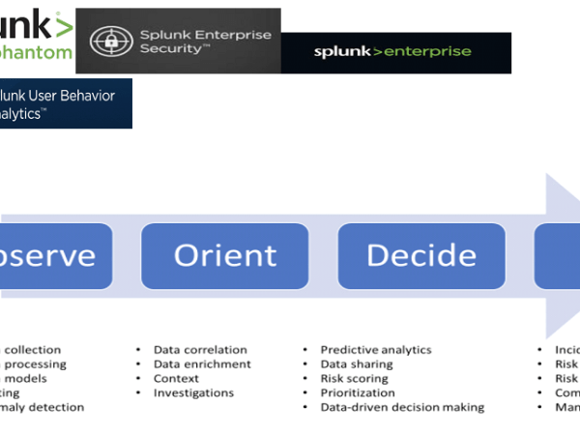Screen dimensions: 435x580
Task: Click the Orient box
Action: click(224, 255)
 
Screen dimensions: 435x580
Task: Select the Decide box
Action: click(421, 255)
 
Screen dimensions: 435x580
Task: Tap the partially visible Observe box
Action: click(53, 255)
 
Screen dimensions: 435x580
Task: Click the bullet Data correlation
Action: click(200, 350)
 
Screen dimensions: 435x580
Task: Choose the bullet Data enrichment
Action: click(202, 364)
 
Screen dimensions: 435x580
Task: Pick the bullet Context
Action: click(178, 379)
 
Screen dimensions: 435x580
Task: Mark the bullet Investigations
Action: click(193, 393)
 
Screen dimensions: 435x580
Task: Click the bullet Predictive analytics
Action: click(376, 350)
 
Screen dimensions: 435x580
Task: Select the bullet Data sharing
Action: click(357, 364)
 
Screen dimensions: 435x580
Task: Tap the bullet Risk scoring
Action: click(354, 379)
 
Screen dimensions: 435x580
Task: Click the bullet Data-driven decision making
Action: click(402, 408)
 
